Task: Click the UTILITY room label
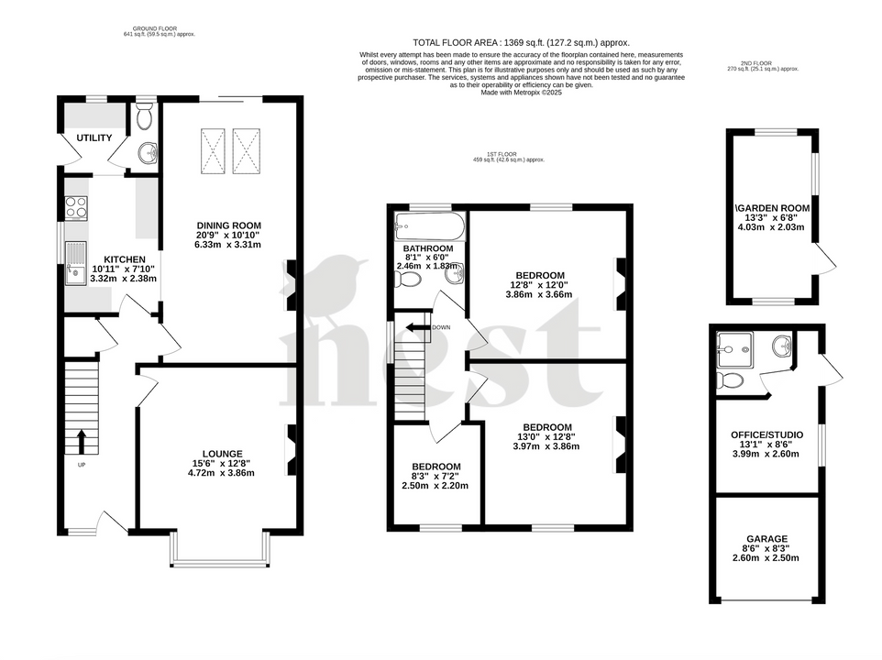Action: pos(94,138)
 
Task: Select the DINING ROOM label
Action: pos(228,225)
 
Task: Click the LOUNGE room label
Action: pos(223,454)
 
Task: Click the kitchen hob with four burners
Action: pos(75,208)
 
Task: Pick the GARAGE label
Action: pos(766,539)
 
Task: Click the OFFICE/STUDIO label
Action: pos(766,434)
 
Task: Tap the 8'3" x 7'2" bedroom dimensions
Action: pos(435,476)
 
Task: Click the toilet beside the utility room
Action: pos(143,116)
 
